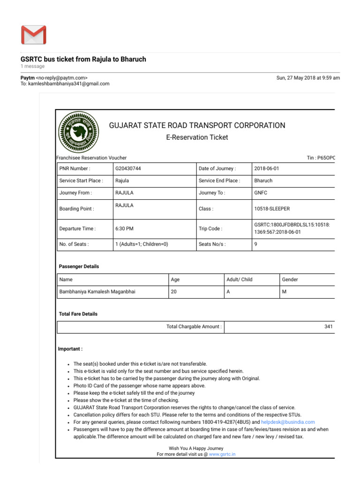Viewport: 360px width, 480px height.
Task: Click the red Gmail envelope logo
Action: tap(34, 35)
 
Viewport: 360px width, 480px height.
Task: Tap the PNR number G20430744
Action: tap(128, 168)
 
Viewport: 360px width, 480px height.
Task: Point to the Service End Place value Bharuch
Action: tap(263, 180)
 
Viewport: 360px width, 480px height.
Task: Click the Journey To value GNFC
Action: tap(261, 193)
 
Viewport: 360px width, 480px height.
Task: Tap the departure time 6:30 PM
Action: tap(124, 229)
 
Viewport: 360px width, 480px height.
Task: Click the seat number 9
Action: tap(256, 244)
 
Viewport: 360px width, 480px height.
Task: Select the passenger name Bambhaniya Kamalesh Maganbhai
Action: tap(97, 292)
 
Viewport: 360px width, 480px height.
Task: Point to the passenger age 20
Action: tap(174, 292)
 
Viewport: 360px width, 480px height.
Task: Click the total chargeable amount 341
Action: tap(328, 326)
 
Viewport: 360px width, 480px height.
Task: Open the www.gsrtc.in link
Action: tap(222, 454)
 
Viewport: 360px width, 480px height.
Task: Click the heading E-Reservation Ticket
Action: tap(197, 137)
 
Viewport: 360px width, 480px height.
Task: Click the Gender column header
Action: tap(290, 279)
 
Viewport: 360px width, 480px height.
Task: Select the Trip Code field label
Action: tap(210, 229)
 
